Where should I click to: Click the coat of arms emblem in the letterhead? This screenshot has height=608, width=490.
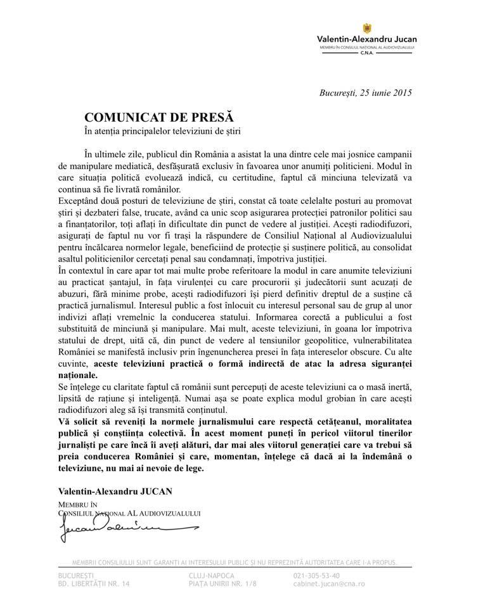pyautogui.click(x=366, y=28)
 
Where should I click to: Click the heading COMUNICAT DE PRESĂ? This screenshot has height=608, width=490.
pyautogui.click(x=159, y=117)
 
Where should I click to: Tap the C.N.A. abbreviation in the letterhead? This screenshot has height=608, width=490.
pyautogui.click(x=366, y=54)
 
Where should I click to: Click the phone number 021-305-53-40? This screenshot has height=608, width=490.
pyautogui.click(x=317, y=575)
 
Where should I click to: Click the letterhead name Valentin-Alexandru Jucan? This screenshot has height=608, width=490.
pyautogui.click(x=366, y=39)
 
